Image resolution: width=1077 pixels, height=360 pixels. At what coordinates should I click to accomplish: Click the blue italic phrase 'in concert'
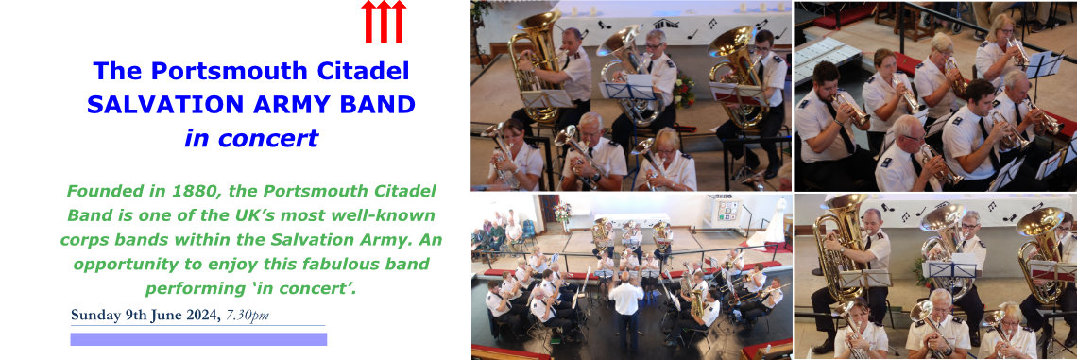click(251, 138)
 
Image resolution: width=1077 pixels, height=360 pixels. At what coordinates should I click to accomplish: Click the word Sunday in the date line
click(94, 316)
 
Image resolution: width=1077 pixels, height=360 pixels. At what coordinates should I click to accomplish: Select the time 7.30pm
click(248, 316)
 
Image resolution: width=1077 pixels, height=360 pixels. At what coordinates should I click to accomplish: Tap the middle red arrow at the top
click(384, 22)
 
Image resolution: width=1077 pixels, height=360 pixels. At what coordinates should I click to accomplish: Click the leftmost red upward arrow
click(368, 22)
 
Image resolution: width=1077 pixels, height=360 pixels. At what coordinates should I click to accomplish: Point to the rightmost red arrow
click(399, 22)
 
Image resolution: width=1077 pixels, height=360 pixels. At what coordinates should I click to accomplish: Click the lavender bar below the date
click(198, 339)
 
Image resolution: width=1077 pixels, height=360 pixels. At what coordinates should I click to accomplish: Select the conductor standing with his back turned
click(627, 307)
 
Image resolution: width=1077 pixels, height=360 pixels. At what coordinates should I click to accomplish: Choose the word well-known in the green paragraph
click(389, 215)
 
